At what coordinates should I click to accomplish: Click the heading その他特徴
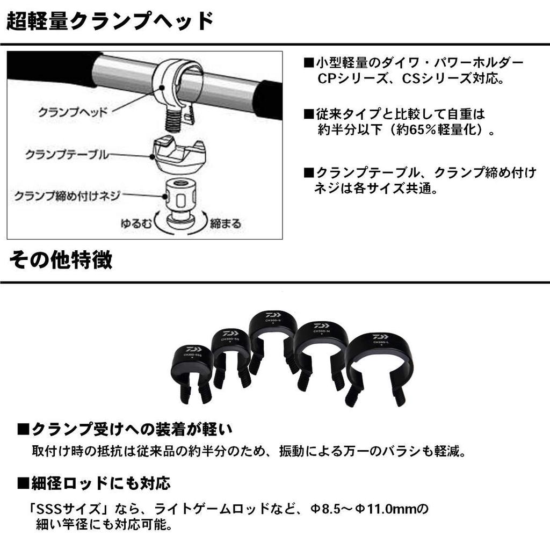click(x=61, y=259)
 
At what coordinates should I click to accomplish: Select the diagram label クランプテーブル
click(x=67, y=155)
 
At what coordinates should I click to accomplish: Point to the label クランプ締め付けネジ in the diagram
click(x=67, y=196)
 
